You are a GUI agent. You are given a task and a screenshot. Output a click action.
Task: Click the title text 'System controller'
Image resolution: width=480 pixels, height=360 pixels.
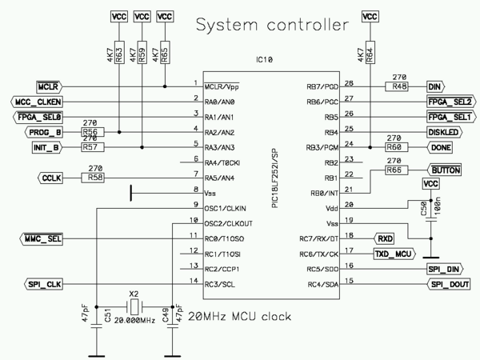click(273, 25)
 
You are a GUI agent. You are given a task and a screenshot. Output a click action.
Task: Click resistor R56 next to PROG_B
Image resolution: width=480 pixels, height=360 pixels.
click(90, 132)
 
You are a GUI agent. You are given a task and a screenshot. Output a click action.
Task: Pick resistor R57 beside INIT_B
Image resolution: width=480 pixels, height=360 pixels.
click(90, 147)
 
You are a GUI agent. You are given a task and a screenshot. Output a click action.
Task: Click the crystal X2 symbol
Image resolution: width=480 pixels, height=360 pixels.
click(134, 307)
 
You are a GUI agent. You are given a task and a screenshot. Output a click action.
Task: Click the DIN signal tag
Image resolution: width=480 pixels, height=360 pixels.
click(435, 86)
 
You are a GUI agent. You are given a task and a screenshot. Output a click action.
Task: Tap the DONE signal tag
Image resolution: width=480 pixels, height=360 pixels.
click(441, 147)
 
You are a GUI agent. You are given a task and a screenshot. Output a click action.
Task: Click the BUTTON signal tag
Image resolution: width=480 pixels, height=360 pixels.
click(446, 170)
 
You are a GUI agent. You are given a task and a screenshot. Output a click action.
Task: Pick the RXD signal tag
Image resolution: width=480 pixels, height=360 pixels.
click(385, 238)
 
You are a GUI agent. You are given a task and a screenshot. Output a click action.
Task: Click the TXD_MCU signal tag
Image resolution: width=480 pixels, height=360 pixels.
click(394, 254)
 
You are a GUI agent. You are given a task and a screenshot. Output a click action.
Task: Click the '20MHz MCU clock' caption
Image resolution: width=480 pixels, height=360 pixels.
click(239, 316)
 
